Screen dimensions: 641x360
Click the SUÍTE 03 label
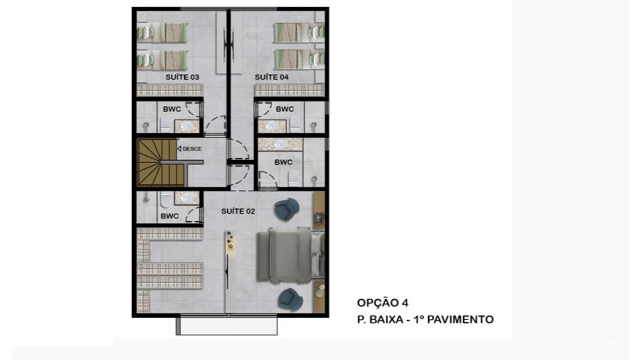[183, 77]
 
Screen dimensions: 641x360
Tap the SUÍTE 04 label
[272, 77]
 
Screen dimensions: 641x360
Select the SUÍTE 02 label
[238, 211]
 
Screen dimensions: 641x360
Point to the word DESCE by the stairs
[191, 149]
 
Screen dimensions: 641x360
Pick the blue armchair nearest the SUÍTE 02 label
[287, 210]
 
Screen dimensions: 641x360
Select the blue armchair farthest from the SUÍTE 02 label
[290, 299]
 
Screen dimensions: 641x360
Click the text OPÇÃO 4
[382, 303]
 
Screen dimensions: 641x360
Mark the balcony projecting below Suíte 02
[227, 326]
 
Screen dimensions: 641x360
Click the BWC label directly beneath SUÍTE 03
[172, 109]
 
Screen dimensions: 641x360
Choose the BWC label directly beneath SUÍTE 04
[284, 109]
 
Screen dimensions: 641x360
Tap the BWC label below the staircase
[170, 216]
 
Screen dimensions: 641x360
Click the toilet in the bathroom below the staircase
[166, 199]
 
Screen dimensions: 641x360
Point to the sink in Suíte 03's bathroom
[187, 127]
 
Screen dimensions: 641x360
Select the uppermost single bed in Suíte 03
[163, 32]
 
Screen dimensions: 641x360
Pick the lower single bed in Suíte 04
[299, 60]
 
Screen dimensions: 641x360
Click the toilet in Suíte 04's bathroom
[294, 124]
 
